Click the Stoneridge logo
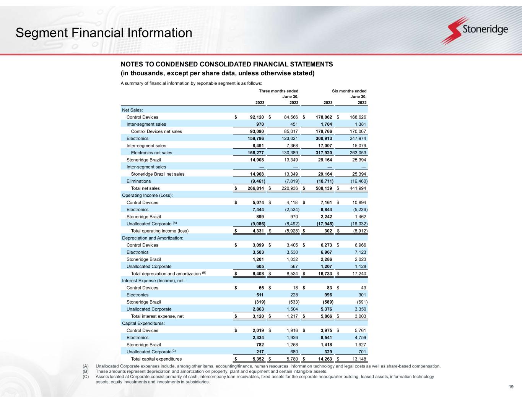[474, 31]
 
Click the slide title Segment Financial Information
[104, 33]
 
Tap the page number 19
[511, 387]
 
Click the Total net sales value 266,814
[255, 188]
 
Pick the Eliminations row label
[138, 181]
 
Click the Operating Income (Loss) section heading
[147, 195]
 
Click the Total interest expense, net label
[157, 316]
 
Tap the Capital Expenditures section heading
[143, 323]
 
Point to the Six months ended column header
[350, 91]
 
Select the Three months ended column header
[278, 91]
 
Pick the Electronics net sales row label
[151, 153]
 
